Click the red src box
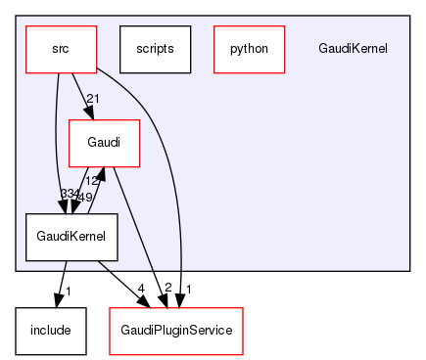click(x=61, y=48)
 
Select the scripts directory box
click(x=154, y=48)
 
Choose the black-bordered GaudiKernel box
click(x=65, y=238)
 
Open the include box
click(x=50, y=331)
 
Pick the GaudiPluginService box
click(x=175, y=331)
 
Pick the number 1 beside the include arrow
click(x=68, y=290)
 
